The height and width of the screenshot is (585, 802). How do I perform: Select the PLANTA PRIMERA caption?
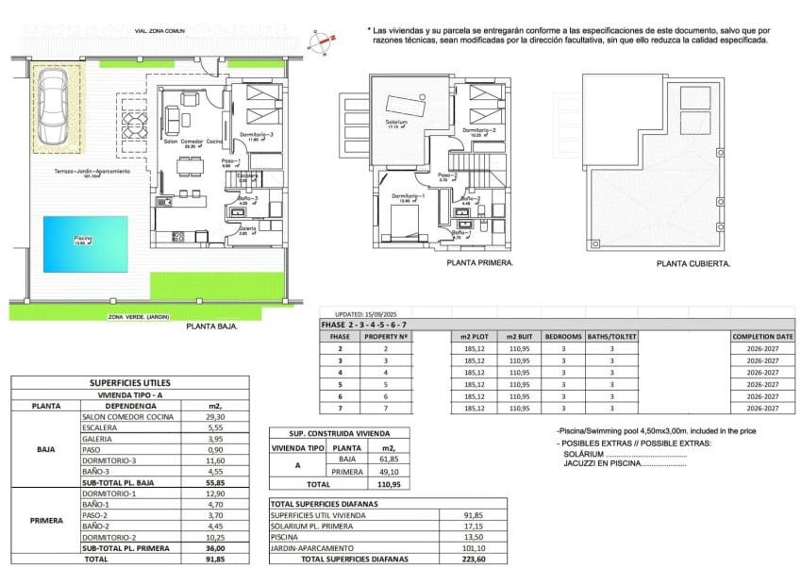tap(480, 264)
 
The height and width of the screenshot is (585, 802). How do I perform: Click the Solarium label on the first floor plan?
tap(396, 124)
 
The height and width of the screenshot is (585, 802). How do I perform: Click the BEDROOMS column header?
tap(564, 336)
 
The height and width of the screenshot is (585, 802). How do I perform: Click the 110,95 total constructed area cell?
tap(385, 483)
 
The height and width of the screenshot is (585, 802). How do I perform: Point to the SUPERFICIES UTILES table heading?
tap(128, 382)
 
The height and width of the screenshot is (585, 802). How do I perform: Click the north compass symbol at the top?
tap(326, 40)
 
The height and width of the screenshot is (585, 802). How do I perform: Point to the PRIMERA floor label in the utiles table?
tap(46, 520)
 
